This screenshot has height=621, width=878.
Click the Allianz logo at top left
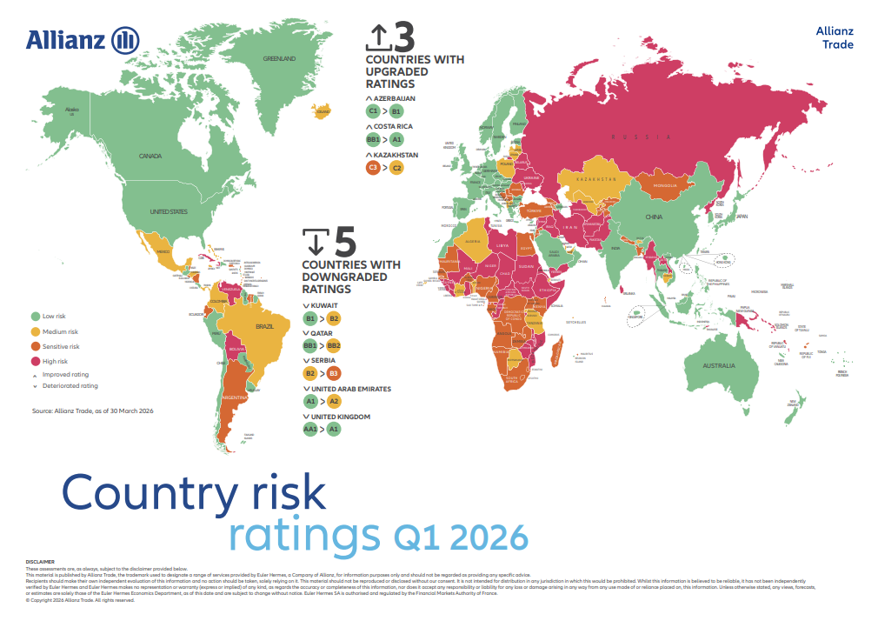[83, 40]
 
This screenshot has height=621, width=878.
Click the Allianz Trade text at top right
[835, 37]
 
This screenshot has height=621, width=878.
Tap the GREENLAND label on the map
[279, 59]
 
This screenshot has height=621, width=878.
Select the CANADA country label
[150, 157]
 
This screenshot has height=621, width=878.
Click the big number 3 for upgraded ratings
[402, 37]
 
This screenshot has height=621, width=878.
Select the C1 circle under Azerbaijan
[374, 112]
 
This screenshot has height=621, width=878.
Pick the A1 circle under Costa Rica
[396, 139]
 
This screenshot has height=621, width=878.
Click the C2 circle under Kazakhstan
[396, 167]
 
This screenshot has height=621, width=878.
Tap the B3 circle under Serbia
[334, 374]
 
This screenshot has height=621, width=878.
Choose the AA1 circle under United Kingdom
[311, 430]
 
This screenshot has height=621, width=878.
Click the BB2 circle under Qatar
[336, 346]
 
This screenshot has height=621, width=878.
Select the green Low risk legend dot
[36, 317]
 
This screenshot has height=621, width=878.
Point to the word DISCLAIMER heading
[40, 562]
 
